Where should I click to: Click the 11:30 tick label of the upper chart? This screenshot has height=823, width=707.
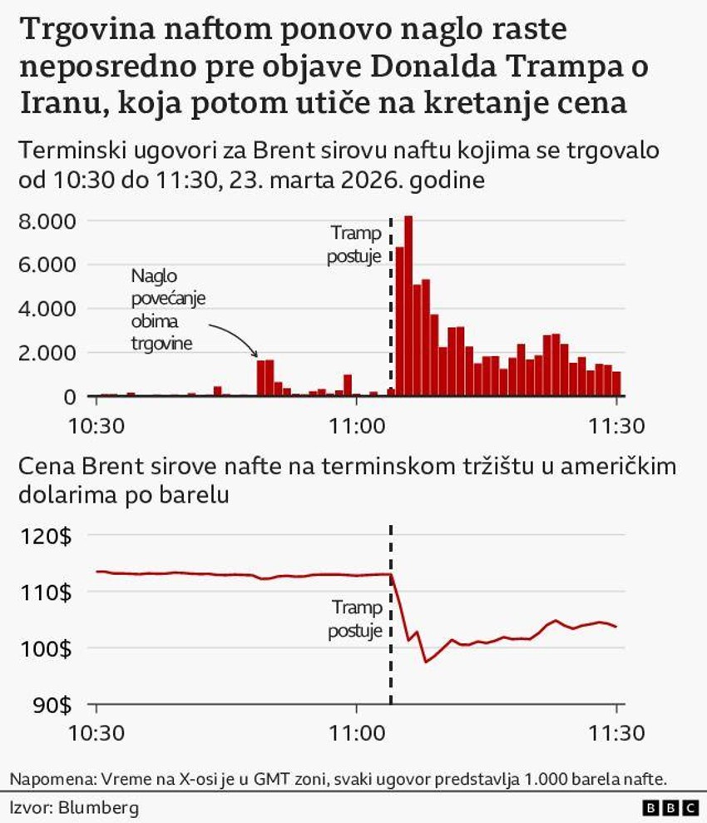tap(616, 425)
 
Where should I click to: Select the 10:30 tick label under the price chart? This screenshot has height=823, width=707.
tap(96, 735)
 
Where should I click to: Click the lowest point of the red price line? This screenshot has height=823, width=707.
tap(426, 662)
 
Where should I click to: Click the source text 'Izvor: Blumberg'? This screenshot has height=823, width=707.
tap(62, 807)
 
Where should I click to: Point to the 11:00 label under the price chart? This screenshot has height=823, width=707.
tap(356, 735)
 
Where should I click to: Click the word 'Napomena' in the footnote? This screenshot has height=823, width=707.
tap(50, 779)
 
